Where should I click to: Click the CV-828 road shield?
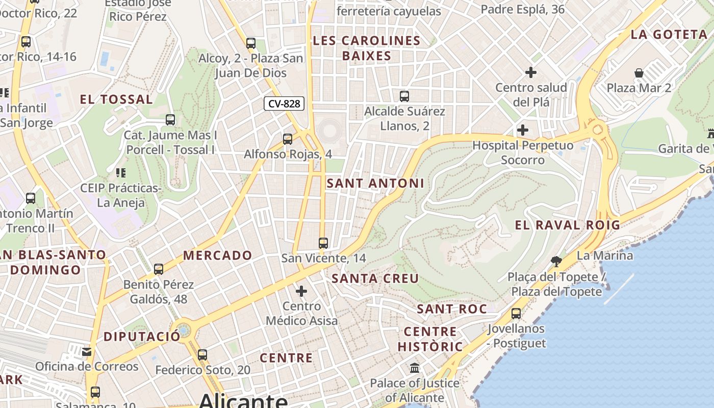(x=284, y=104)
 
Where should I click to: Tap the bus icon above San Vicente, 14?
(x=323, y=243)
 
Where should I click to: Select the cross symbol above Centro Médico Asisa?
(x=301, y=291)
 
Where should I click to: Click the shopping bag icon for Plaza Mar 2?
(x=639, y=73)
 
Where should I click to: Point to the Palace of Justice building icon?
(x=415, y=368)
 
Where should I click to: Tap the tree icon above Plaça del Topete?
(x=556, y=262)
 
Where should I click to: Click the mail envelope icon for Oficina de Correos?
(x=87, y=351)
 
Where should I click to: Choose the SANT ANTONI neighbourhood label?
(x=375, y=183)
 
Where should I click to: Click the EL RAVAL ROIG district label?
(x=568, y=225)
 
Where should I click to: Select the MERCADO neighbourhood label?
(x=218, y=255)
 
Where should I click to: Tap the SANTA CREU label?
(x=375, y=278)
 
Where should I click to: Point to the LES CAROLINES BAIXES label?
(x=367, y=48)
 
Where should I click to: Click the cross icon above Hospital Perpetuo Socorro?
(x=523, y=130)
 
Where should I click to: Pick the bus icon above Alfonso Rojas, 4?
(x=288, y=139)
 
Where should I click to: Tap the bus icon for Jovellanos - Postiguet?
(x=516, y=313)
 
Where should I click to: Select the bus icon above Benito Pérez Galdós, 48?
(x=159, y=269)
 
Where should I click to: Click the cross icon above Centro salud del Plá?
(x=531, y=72)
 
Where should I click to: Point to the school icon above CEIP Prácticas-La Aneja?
(x=121, y=173)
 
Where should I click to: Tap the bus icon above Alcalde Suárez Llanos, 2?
(x=404, y=96)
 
